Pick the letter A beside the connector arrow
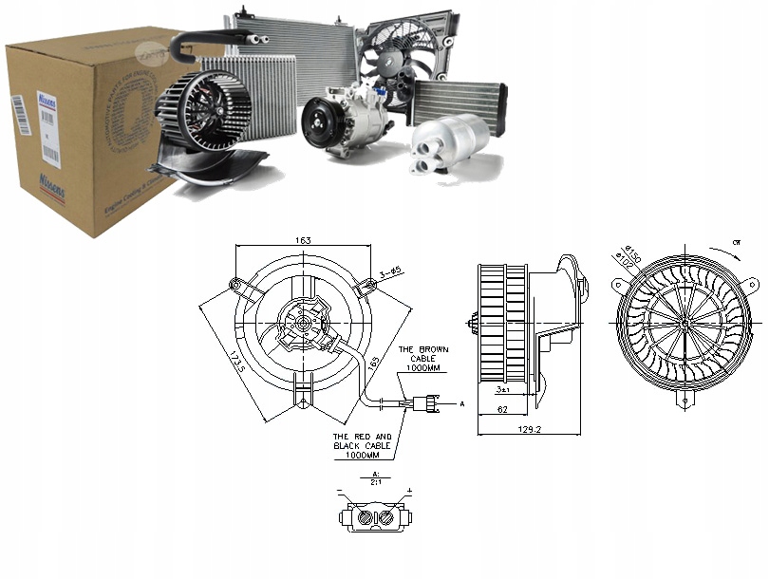point(462,403)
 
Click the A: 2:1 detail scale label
point(375,477)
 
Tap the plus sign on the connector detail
point(409,492)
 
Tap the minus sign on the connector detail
point(340,492)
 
